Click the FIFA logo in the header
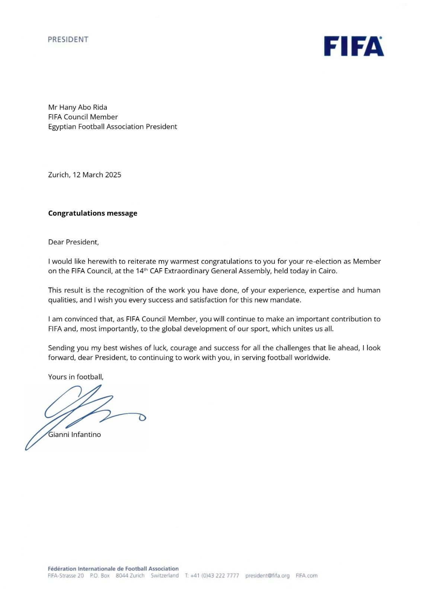tap(354, 46)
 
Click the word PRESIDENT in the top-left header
tap(68, 39)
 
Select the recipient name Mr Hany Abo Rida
tap(77, 107)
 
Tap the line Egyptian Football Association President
tap(112, 127)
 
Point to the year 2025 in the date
tap(113, 175)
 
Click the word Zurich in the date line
tap(58, 175)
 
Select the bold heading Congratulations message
tap(93, 213)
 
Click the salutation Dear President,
tap(73, 242)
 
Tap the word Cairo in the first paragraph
tap(327, 271)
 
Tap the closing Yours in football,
tap(76, 377)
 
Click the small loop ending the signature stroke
tap(142, 418)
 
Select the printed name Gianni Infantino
tap(75, 434)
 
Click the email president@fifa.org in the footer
tap(267, 576)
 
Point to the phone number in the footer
tap(214, 576)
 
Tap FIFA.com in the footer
tap(306, 576)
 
